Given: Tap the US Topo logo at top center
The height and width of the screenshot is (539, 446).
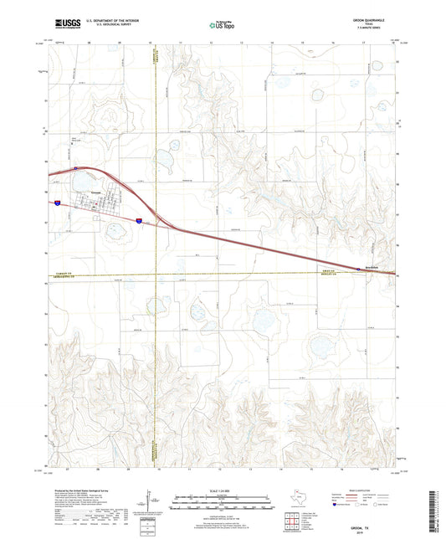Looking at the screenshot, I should (x=223, y=26).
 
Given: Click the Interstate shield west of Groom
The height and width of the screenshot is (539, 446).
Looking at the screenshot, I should (x=55, y=203).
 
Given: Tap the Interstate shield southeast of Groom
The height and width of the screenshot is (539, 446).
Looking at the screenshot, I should (x=140, y=220).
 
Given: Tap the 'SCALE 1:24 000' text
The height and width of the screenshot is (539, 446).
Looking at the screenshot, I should (x=223, y=490).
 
